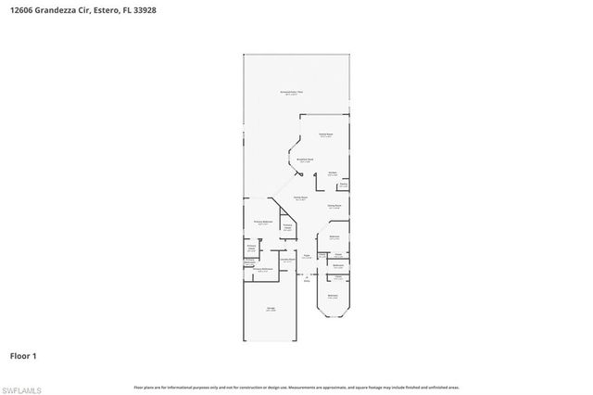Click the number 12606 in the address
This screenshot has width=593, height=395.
click(21, 7)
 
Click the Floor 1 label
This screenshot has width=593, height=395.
click(23, 355)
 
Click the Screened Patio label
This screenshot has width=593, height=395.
click(294, 93)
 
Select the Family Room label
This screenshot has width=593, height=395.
click(326, 134)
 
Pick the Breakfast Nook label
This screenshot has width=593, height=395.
click(304, 160)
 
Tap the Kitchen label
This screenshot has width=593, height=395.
click(331, 172)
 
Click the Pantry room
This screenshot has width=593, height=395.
click(342, 185)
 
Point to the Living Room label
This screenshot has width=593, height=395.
click(301, 198)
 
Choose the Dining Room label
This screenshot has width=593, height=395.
click(334, 206)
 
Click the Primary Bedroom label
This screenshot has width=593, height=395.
click(263, 223)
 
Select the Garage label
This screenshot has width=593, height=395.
click(271, 309)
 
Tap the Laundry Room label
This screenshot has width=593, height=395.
click(288, 261)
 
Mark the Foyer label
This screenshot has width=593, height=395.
click(306, 257)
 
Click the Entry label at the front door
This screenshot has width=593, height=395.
click(307, 279)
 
